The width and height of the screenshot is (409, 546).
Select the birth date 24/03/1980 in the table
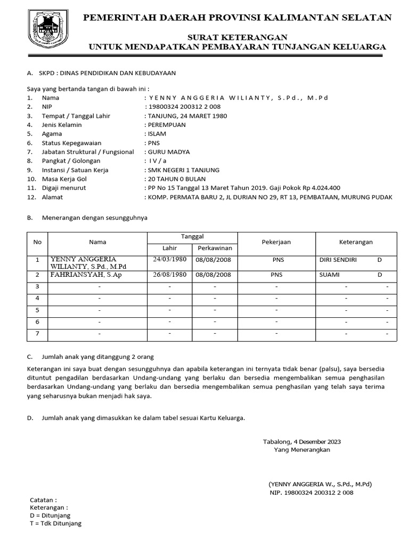(x=169, y=260)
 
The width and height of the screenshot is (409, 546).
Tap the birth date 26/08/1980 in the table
(x=169, y=275)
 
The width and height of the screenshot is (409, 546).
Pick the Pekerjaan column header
(x=276, y=242)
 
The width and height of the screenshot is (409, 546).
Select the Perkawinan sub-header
(x=215, y=248)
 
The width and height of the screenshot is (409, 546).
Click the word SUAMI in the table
(x=329, y=275)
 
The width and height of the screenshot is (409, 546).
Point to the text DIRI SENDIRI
(x=338, y=260)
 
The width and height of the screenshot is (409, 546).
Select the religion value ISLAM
(x=157, y=134)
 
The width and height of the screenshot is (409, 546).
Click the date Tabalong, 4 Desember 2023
(x=301, y=441)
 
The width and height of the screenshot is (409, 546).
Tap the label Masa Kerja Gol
(x=64, y=179)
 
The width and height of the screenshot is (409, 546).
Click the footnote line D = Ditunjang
(x=50, y=516)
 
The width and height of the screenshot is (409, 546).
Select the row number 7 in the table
(x=37, y=334)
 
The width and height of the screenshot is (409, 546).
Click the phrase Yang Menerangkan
(x=301, y=449)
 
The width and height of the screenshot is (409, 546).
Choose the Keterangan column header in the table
(x=352, y=242)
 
